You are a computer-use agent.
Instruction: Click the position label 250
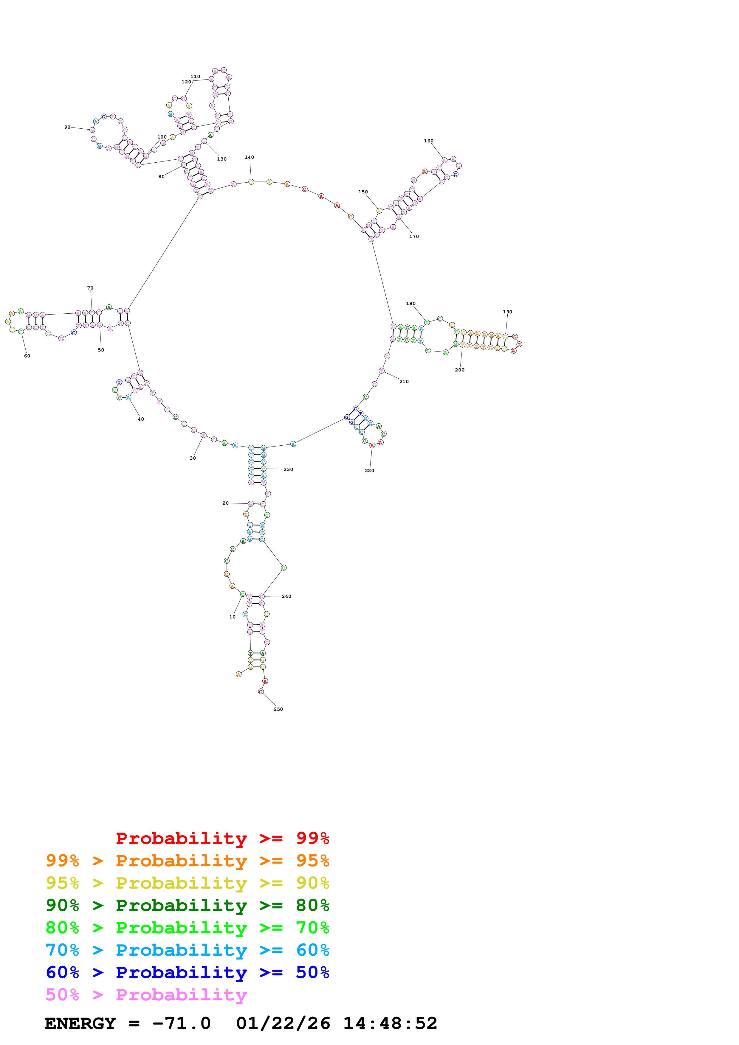278,709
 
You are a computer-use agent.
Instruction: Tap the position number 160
428,141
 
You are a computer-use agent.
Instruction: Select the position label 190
507,312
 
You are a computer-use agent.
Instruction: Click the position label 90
67,127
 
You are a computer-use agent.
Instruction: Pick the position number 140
250,158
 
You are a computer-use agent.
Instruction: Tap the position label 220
369,471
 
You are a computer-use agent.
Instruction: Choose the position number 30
193,458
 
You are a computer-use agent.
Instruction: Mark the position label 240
286,596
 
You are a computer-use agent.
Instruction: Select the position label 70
90,288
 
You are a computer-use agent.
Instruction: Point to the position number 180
411,304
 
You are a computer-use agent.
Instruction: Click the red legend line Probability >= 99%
222,838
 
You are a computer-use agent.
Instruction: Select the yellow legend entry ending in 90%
187,883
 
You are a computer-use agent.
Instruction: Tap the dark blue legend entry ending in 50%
187,972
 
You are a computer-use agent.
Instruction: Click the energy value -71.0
181,1023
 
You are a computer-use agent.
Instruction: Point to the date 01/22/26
283,1023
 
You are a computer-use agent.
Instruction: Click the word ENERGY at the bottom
80,1023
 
